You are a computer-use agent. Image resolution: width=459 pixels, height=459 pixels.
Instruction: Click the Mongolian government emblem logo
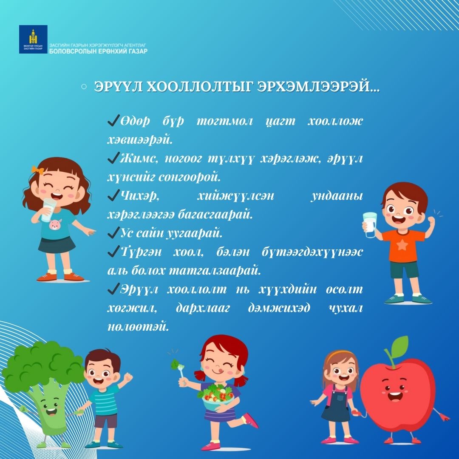point(33,39)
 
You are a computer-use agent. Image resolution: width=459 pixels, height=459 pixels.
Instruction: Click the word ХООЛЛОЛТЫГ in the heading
point(199,87)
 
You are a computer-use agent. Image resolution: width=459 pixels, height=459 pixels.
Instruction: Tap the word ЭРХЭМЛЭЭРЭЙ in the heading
point(318,87)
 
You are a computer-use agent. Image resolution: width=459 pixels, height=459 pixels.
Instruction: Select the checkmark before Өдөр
point(113,120)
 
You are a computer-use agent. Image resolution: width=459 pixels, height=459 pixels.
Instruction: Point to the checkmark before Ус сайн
point(113,232)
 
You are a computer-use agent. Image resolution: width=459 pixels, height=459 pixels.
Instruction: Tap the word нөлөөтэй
point(138,327)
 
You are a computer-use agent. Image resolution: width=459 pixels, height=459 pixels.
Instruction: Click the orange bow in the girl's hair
point(37,170)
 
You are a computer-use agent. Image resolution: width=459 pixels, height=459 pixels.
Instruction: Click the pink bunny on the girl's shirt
point(55,224)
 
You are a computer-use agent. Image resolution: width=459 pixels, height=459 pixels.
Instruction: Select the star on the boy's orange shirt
point(402,244)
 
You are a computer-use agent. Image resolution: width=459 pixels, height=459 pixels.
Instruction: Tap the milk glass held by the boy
point(370,225)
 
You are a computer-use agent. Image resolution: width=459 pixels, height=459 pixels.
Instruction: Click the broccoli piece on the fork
point(176,364)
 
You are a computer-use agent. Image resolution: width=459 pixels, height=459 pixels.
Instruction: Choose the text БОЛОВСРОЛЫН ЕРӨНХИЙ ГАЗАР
point(98,51)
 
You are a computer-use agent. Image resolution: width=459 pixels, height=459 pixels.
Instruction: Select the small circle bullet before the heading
point(84,87)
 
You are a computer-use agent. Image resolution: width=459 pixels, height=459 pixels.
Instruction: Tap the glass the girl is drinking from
point(48,210)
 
